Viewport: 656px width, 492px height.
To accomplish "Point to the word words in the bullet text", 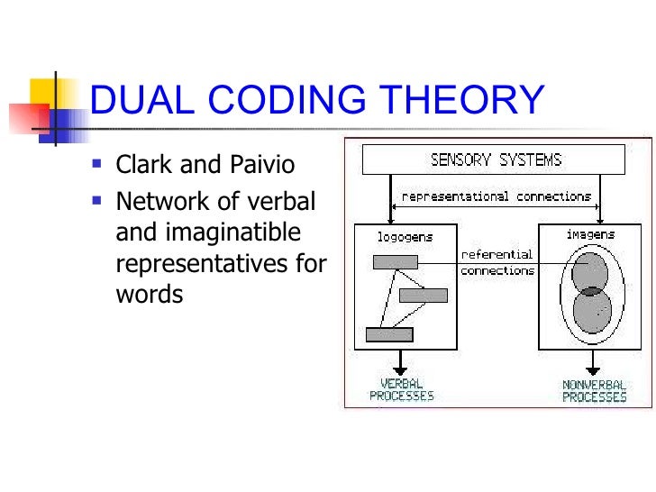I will point(150,294).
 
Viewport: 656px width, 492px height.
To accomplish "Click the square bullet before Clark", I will point(96,166).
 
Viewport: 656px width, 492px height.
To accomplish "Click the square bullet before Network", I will point(96,198).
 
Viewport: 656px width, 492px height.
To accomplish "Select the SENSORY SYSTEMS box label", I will point(496,160).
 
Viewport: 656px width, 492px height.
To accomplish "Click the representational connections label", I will point(496,196).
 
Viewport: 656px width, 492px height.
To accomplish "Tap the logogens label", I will point(405,236).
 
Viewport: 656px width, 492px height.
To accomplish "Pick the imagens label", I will point(590,234).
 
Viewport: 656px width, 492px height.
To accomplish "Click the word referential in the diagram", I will point(497,254).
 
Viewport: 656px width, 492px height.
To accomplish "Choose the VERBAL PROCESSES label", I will point(401,389).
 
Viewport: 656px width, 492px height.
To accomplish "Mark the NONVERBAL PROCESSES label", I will point(594,389).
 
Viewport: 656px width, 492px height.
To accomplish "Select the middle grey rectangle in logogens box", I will point(423,295).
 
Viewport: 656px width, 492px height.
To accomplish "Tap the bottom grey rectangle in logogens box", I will point(389,334).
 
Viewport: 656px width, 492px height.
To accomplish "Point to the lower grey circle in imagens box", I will point(592,310).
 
